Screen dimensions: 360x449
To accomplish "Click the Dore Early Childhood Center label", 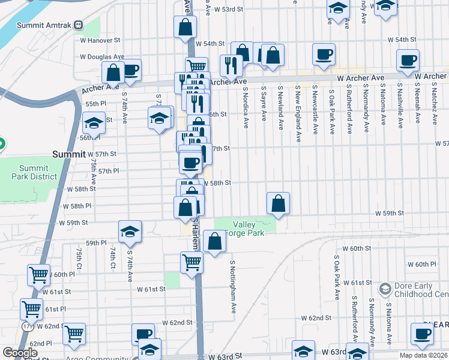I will pyautogui.click(x=421, y=290).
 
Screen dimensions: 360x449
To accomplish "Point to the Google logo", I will pyautogui.click(x=20, y=353).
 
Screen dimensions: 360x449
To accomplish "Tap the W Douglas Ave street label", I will pyautogui.click(x=102, y=56).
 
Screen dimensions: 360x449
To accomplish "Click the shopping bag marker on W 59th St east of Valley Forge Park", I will pyautogui.click(x=279, y=203).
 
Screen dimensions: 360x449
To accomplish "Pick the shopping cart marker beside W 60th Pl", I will pyautogui.click(x=39, y=275).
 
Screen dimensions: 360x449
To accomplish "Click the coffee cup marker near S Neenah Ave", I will pyautogui.click(x=408, y=60).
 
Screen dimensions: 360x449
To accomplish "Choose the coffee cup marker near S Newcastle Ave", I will pyautogui.click(x=324, y=55).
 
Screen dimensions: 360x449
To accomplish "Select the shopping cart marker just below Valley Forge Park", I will pyautogui.click(x=191, y=262).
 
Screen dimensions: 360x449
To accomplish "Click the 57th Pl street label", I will pyautogui.click(x=109, y=171).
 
